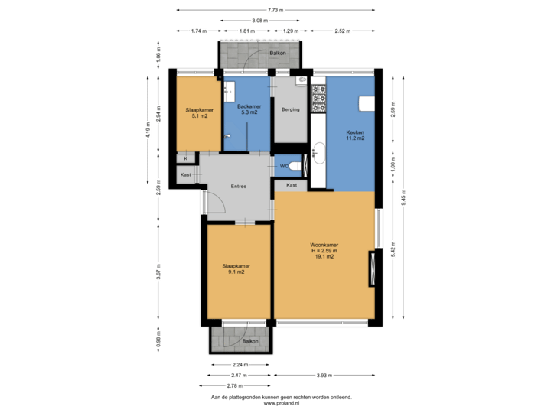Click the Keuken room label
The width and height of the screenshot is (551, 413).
(x=354, y=135)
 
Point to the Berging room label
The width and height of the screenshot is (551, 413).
(x=291, y=110)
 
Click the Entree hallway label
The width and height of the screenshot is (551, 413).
(x=240, y=187)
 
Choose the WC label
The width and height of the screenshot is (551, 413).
(x=283, y=166)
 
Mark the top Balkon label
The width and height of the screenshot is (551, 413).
(x=277, y=54)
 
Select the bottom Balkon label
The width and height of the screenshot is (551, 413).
(x=250, y=341)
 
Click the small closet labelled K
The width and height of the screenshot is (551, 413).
(x=185, y=158)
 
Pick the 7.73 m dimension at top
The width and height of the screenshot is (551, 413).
(x=276, y=10)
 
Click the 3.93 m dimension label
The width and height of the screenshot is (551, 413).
(x=324, y=376)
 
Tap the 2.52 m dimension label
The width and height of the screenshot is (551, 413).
(x=342, y=31)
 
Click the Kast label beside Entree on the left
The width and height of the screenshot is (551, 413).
(x=185, y=174)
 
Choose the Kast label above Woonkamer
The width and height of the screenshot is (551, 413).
(x=292, y=186)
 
